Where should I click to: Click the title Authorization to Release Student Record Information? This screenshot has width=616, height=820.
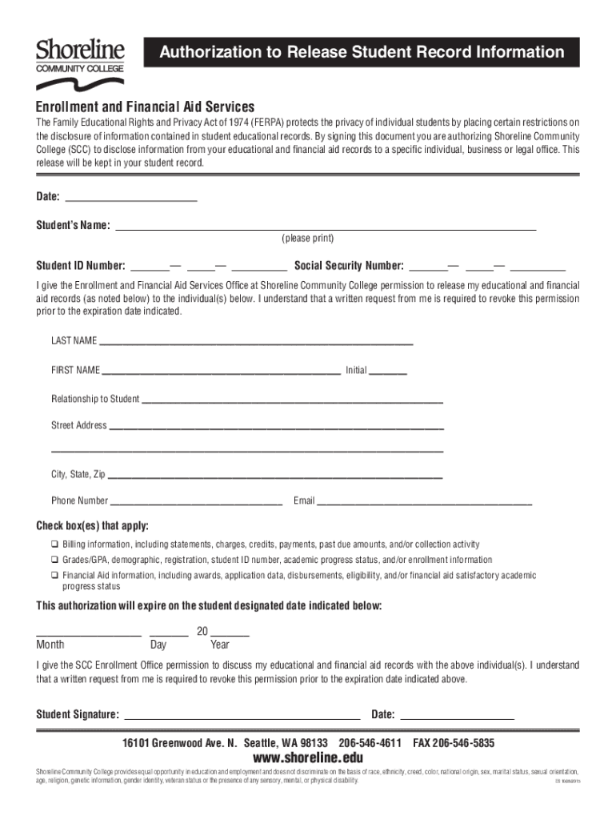362,53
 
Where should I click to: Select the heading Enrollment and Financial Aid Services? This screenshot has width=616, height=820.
145,107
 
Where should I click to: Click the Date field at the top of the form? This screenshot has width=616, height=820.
130,197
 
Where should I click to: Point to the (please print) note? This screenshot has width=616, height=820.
307,239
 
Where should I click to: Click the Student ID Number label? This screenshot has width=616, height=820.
81,266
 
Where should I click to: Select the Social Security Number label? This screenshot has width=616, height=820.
350,266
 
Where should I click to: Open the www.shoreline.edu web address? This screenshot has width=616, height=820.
308,758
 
